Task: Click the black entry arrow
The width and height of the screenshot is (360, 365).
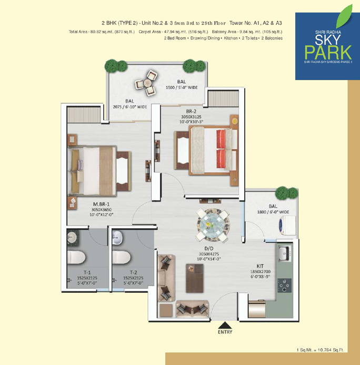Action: [224, 325]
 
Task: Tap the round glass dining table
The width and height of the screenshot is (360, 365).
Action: [211, 225]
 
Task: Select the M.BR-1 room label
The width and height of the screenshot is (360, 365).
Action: [101, 204]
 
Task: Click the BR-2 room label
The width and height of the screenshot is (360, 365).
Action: [191, 111]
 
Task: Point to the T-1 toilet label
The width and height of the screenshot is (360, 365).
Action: [87, 272]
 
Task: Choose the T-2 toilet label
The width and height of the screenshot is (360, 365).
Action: [133, 272]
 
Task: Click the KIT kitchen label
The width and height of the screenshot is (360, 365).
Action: [260, 266]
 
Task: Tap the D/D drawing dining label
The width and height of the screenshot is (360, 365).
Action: [209, 249]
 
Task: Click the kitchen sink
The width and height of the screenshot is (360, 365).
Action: [284, 253]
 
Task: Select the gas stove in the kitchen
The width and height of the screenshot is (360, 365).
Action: [284, 285]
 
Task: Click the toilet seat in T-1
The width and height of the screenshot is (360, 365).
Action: [76, 258]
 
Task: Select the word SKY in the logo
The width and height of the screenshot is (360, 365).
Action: [328, 40]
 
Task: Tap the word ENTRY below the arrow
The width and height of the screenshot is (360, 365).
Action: [225, 332]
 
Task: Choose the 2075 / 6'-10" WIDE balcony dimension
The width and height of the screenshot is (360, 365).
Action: [130, 107]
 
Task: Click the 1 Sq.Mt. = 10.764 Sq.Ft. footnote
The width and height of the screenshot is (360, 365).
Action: [320, 350]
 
